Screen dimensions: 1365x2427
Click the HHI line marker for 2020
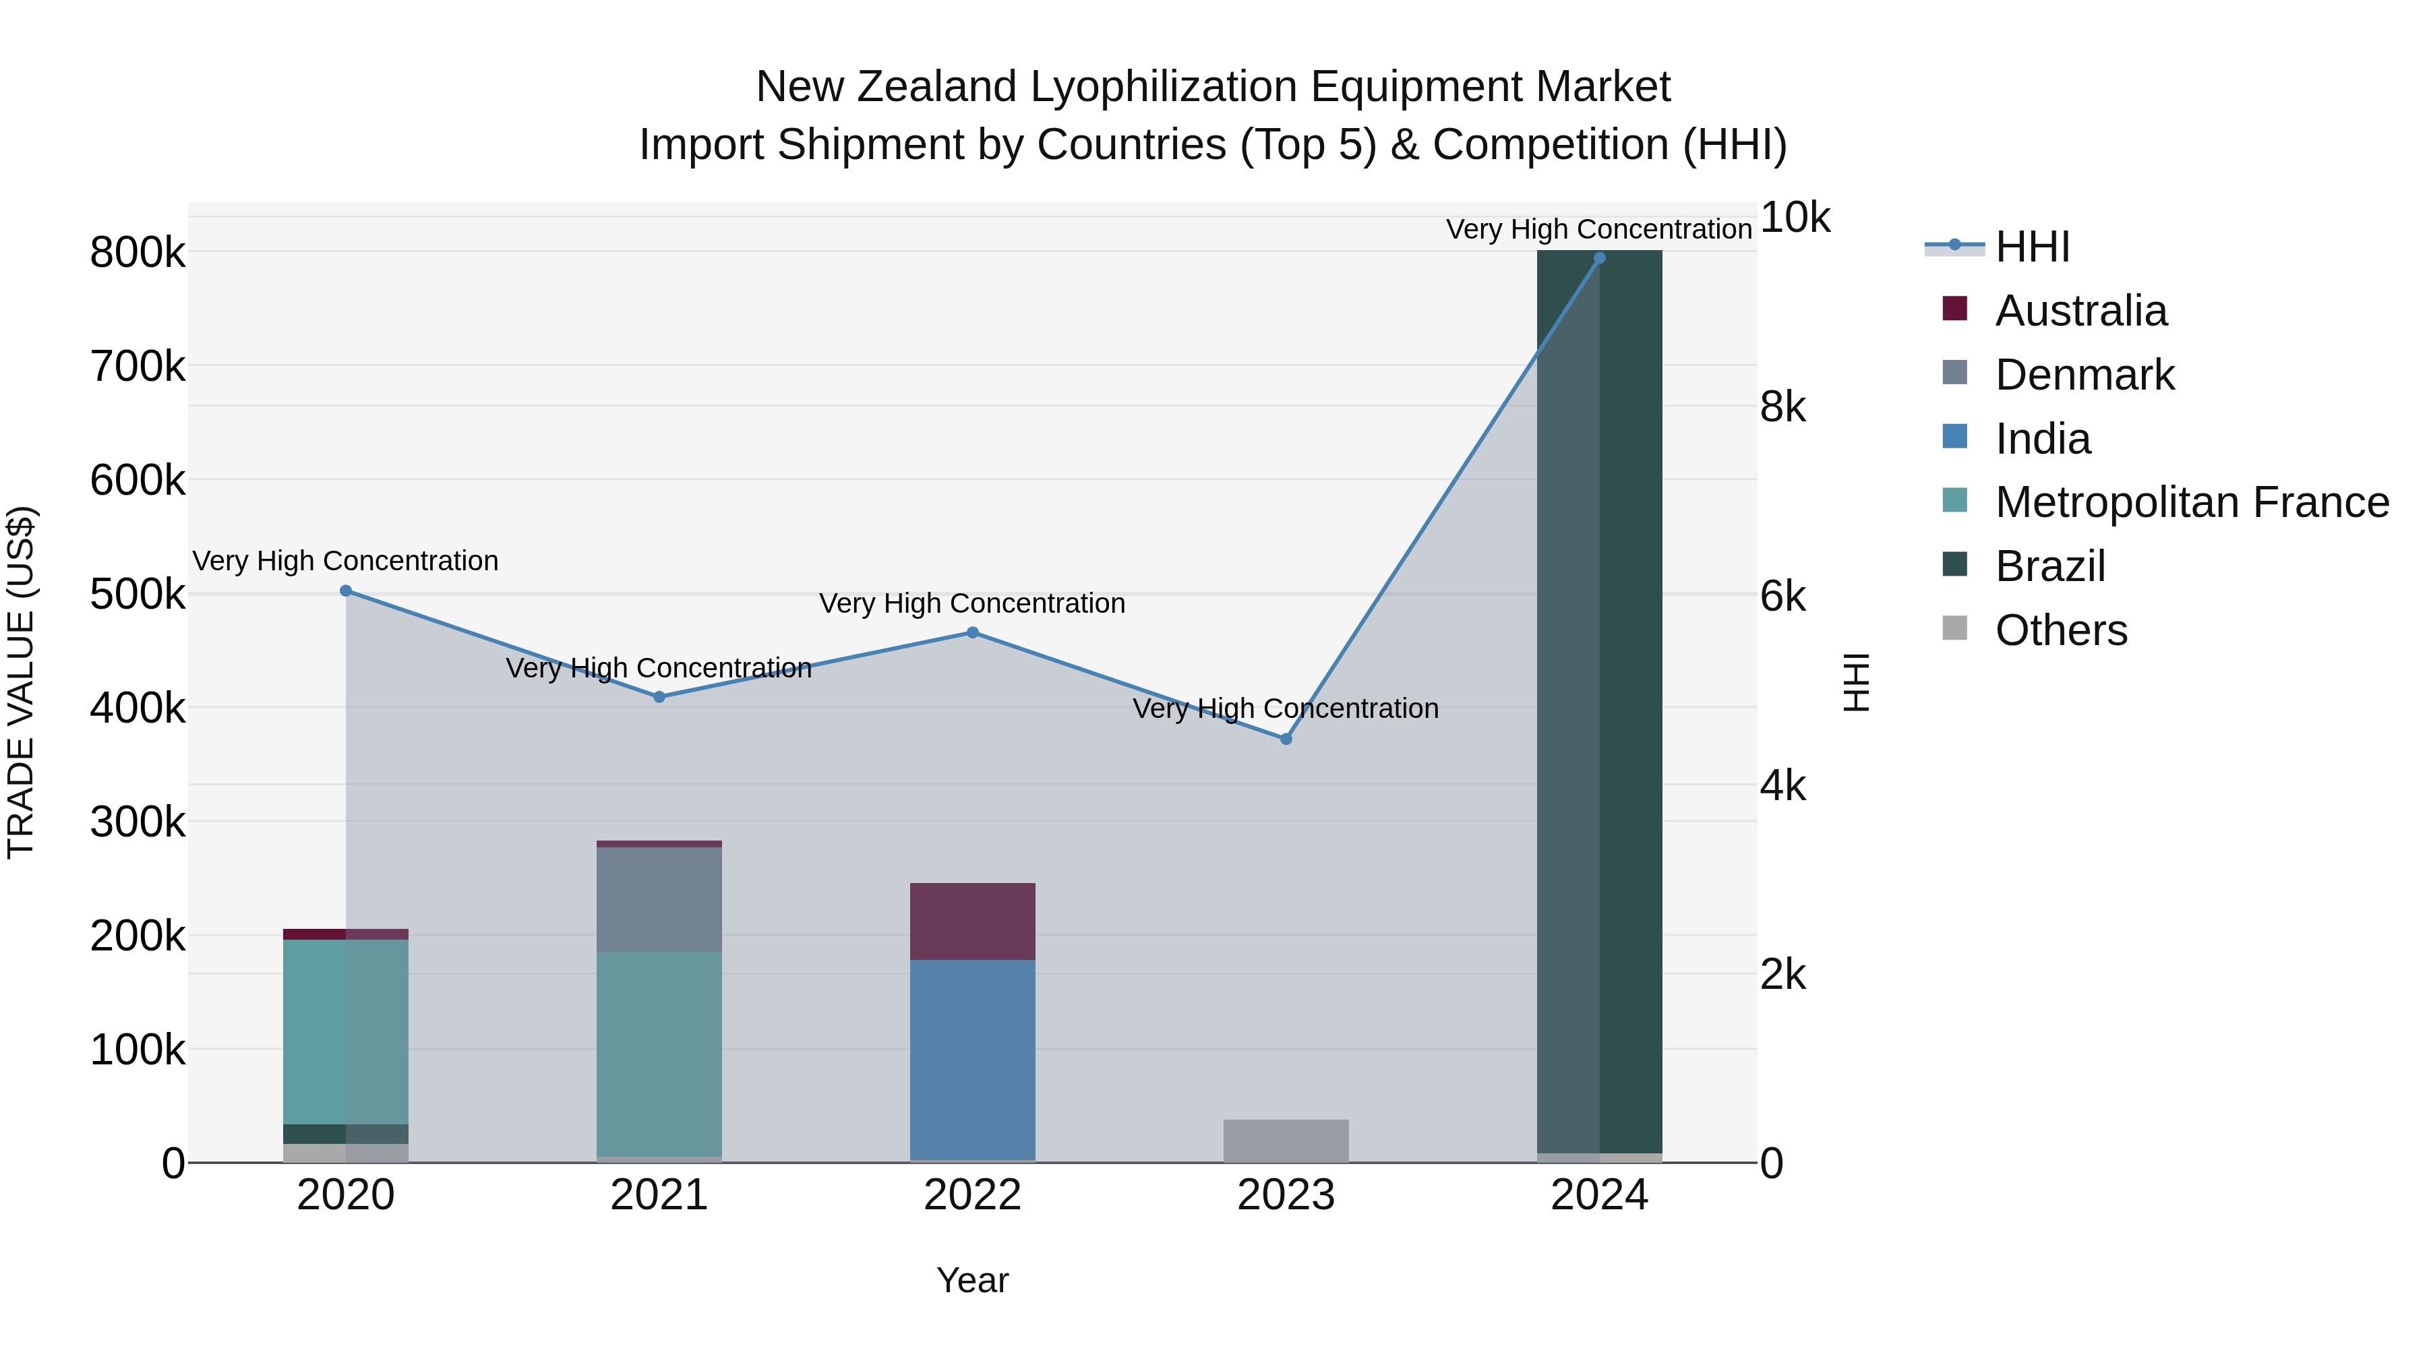[x=346, y=590]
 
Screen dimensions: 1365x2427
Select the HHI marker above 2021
[x=659, y=697]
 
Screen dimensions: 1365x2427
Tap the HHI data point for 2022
[x=973, y=633]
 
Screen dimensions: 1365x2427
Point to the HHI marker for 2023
[x=1286, y=739]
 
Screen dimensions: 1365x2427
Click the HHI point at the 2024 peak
[x=1600, y=258]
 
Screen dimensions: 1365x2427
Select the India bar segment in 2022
[x=973, y=1059]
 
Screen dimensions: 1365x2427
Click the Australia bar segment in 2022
[x=973, y=921]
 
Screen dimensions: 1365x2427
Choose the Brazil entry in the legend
[x=2050, y=566]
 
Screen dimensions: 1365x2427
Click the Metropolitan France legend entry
[x=2192, y=502]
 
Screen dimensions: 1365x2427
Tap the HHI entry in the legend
[x=2032, y=247]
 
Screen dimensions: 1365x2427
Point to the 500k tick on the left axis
[x=138, y=595]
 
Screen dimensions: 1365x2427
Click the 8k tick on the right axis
[x=1782, y=407]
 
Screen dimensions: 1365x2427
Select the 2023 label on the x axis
[x=1286, y=1195]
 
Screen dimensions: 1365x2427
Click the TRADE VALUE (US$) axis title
[x=22, y=682]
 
